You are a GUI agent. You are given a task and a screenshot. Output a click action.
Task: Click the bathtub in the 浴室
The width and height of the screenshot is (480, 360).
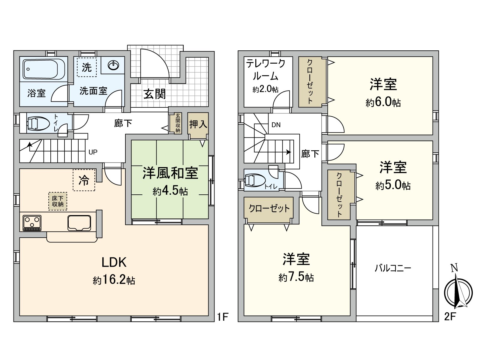point(44,69)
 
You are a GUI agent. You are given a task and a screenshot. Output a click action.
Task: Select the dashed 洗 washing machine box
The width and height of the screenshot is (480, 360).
point(87,67)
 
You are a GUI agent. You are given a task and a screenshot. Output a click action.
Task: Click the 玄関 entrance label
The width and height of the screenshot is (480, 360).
point(154,94)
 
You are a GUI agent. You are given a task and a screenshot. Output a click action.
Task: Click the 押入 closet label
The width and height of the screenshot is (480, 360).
point(198,124)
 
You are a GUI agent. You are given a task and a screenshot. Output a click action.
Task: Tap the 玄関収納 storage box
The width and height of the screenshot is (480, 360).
point(178,123)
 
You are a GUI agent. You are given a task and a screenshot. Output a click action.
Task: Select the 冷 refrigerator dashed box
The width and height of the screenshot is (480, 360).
point(84,180)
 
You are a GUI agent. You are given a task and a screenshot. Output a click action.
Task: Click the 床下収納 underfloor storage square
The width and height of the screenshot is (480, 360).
point(58,201)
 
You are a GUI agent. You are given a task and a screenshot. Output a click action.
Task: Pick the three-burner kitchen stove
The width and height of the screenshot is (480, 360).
point(32,223)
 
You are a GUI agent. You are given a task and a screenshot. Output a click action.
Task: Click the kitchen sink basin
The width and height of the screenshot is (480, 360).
point(79,223)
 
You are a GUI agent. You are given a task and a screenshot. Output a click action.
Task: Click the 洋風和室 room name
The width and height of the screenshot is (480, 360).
point(170,173)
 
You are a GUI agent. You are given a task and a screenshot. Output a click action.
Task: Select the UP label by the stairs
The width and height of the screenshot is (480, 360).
point(93,152)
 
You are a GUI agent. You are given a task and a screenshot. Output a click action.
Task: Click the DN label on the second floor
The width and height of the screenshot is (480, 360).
point(276,125)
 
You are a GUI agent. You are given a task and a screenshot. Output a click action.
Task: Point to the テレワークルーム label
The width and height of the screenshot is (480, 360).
point(265,70)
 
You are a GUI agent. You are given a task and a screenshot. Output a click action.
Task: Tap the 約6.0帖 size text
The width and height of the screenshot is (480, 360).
point(383,103)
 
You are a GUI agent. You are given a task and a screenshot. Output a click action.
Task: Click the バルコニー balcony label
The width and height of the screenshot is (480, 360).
point(393,268)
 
